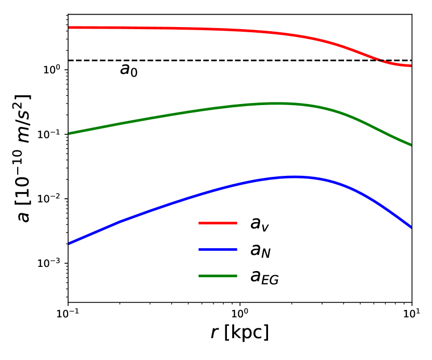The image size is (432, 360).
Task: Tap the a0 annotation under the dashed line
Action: pos(129,70)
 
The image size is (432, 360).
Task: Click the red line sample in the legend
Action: pos(217,223)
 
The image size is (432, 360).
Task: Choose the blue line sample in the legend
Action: pos(217,250)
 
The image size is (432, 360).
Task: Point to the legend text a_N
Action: pos(261,251)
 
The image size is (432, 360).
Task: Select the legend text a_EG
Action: pos(264,278)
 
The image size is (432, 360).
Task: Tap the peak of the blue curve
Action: pos(294,177)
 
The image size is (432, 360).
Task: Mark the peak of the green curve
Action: pos(277,103)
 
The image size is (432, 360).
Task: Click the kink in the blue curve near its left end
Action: pos(120,222)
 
